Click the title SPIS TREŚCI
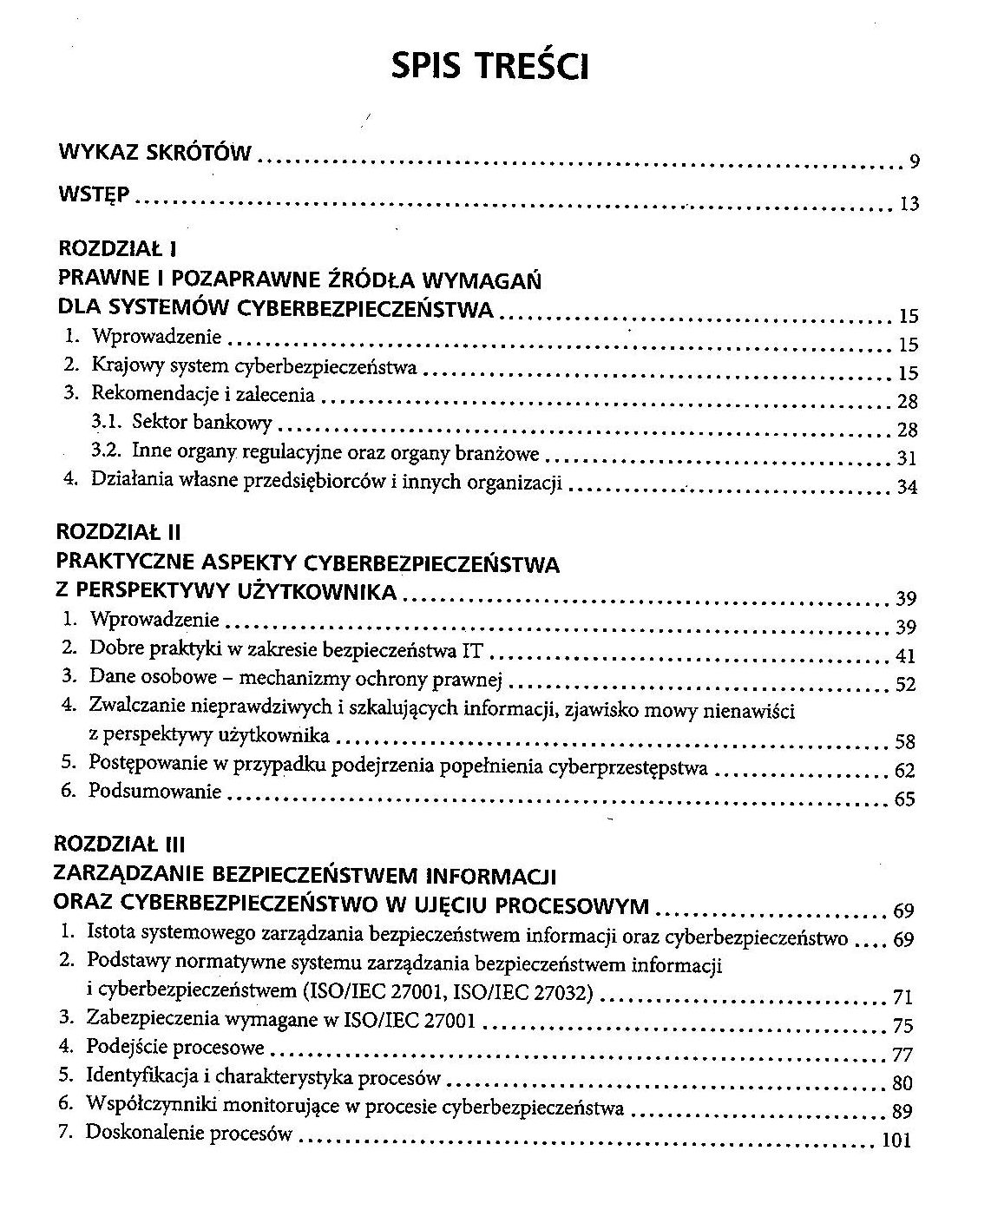point(490,65)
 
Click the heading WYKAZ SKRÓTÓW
point(154,154)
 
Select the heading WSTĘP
point(94,194)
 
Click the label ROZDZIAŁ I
point(117,249)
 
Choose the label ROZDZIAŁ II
point(117,532)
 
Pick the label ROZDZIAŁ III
point(119,843)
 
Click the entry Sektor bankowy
point(202,423)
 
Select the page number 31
point(907,458)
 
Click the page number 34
point(907,487)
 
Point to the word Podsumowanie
point(156,792)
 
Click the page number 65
point(904,799)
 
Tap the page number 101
point(896,1141)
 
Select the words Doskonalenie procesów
point(189,1134)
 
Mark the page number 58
point(905,742)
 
